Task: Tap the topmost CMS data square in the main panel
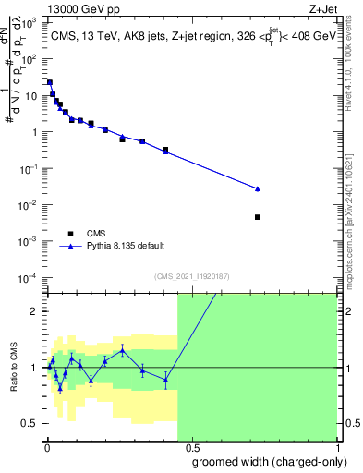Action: (50, 82)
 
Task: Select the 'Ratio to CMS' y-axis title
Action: (13, 368)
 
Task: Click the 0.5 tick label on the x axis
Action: (191, 447)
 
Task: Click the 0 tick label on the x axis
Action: (47, 447)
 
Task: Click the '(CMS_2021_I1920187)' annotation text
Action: (192, 276)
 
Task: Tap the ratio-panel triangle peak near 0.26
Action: (122, 350)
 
